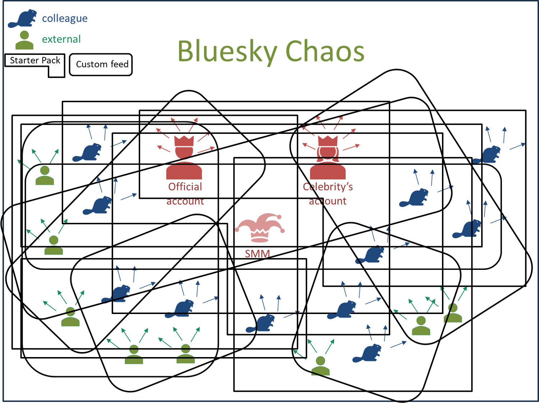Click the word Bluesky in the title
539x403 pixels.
227,52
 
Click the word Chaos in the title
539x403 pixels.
324,51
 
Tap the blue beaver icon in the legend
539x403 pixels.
22,19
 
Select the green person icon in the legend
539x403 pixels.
24,40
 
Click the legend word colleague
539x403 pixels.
65,19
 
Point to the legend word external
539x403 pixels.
61,39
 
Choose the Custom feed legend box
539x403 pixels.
101,65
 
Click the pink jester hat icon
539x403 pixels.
259,228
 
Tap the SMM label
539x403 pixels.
257,253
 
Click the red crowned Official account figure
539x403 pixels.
184,158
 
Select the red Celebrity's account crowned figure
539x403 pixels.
328,158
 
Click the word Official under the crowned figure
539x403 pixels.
185,187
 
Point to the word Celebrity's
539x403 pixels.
328,187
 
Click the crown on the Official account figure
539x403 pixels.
184,141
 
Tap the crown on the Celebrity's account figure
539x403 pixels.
328,141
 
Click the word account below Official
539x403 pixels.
185,201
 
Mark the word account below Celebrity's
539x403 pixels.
328,201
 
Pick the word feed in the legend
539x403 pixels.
120,64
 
